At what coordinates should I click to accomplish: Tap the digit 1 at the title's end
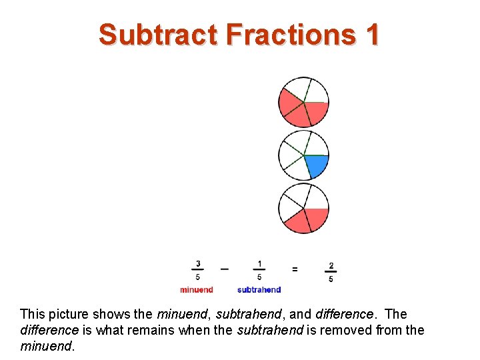pyautogui.click(x=372, y=34)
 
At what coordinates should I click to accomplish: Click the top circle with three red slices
pyautogui.click(x=303, y=102)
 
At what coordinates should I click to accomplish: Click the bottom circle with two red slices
pyautogui.click(x=303, y=208)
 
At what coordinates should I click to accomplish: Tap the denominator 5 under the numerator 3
pyautogui.click(x=197, y=277)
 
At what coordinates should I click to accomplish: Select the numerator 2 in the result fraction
pyautogui.click(x=331, y=265)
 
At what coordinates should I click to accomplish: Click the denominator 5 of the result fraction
pyautogui.click(x=331, y=279)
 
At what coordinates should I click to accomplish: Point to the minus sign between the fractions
pyautogui.click(x=225, y=269)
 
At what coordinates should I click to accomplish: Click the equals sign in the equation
pyautogui.click(x=295, y=269)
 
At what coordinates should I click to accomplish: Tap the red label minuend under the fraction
pyautogui.click(x=197, y=290)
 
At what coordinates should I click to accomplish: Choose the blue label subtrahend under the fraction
pyautogui.click(x=259, y=290)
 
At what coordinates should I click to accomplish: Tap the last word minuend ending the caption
pyautogui.click(x=45, y=346)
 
